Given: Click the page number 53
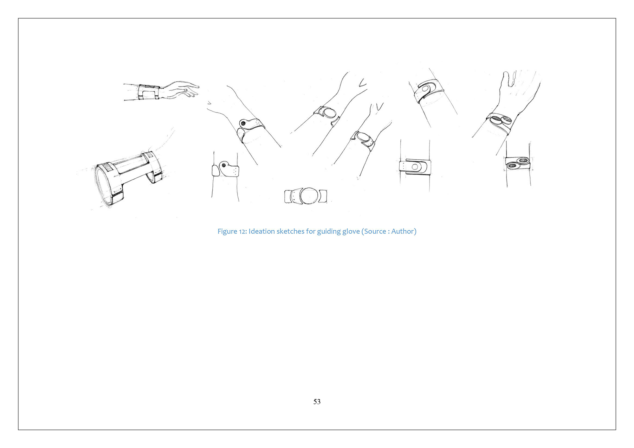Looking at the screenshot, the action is pyautogui.click(x=317, y=402).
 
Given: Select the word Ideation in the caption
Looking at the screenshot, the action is pyautogui.click(x=262, y=231).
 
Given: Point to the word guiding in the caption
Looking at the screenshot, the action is pyautogui.click(x=329, y=232).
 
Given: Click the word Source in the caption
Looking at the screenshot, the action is pyautogui.click(x=375, y=231).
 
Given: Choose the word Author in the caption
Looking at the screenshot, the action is pyautogui.click(x=402, y=231).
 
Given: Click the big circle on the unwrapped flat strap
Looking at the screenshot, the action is pyautogui.click(x=308, y=196).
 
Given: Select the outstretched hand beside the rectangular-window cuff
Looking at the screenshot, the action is pyautogui.click(x=180, y=89).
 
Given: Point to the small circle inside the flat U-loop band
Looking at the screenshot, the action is pyautogui.click(x=415, y=167).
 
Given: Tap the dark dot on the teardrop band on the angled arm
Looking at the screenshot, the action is pyautogui.click(x=243, y=124).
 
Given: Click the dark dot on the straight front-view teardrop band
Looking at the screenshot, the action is pyautogui.click(x=224, y=165).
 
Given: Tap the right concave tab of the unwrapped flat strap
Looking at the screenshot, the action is pyautogui.click(x=323, y=196).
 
